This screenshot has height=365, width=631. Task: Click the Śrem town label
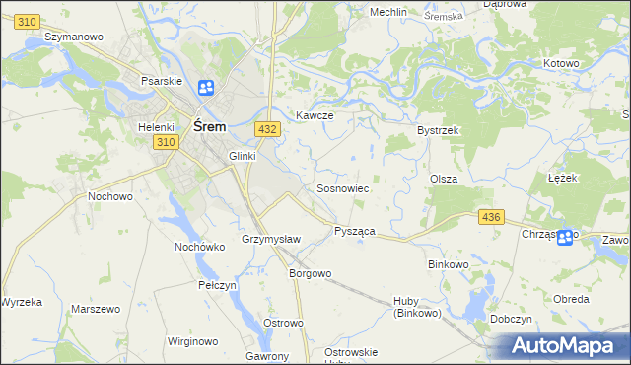tap(211, 126)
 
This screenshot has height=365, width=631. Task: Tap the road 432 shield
tap(265, 129)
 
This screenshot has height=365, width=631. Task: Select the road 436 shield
tap(491, 216)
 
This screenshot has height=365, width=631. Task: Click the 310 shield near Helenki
tap(165, 143)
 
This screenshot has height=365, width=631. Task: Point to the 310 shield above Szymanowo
tap(29, 21)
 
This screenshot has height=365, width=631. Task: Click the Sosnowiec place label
tap(342, 187)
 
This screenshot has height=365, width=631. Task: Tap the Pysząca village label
tap(354, 231)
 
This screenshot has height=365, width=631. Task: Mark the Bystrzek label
tap(439, 130)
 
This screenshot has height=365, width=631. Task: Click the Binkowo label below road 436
tap(451, 264)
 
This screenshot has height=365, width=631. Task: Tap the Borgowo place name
tap(310, 273)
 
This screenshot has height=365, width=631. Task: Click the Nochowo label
tap(110, 196)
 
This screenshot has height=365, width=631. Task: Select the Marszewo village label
tap(96, 309)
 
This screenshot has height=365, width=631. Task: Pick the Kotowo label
tap(561, 63)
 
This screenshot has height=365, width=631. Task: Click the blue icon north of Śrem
tap(206, 89)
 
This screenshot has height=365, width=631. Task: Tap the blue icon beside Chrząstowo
tap(565, 237)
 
